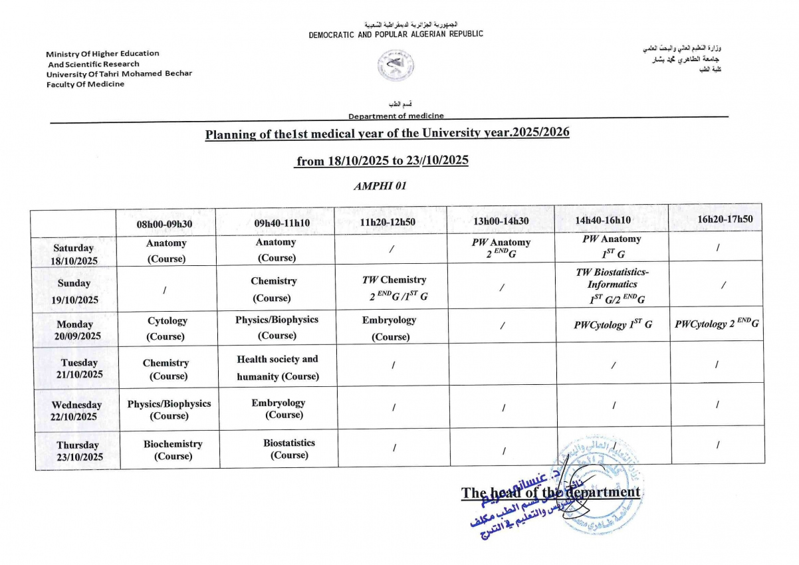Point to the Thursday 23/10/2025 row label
(78, 451)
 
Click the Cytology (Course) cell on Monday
(167, 328)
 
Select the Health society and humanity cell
(278, 368)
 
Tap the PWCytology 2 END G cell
(717, 324)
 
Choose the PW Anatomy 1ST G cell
(612, 245)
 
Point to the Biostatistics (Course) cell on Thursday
(289, 449)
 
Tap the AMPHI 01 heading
(380, 186)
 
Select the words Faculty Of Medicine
(85, 84)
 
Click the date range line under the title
(382, 161)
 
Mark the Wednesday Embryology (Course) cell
(279, 408)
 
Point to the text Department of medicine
(396, 116)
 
